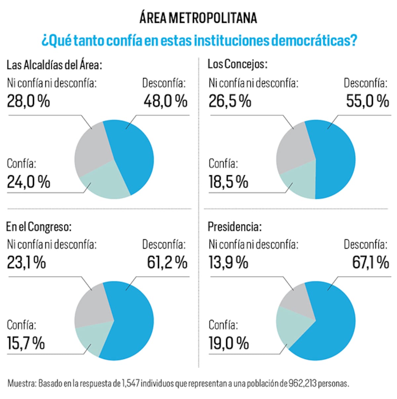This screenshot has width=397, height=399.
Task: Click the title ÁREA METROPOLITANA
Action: (198, 18)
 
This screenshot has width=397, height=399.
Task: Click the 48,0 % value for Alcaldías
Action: (165, 101)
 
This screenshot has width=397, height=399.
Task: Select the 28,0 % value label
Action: (28, 101)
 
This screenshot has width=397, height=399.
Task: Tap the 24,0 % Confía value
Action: (28, 182)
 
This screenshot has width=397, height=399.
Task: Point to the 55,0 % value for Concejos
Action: (367, 101)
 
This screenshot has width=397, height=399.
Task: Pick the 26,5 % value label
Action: (230, 101)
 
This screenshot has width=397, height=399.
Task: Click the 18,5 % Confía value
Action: (228, 182)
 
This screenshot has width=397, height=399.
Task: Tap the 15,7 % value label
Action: (26, 343)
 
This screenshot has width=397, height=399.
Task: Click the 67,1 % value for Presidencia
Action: (370, 262)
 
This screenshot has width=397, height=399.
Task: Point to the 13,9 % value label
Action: (228, 262)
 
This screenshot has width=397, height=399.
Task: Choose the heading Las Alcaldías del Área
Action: (54, 65)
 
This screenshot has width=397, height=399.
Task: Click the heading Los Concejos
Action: (237, 64)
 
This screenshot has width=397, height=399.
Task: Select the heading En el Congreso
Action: (39, 227)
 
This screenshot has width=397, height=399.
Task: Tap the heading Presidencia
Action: (235, 227)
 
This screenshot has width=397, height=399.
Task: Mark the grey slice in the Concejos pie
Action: (293, 149)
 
